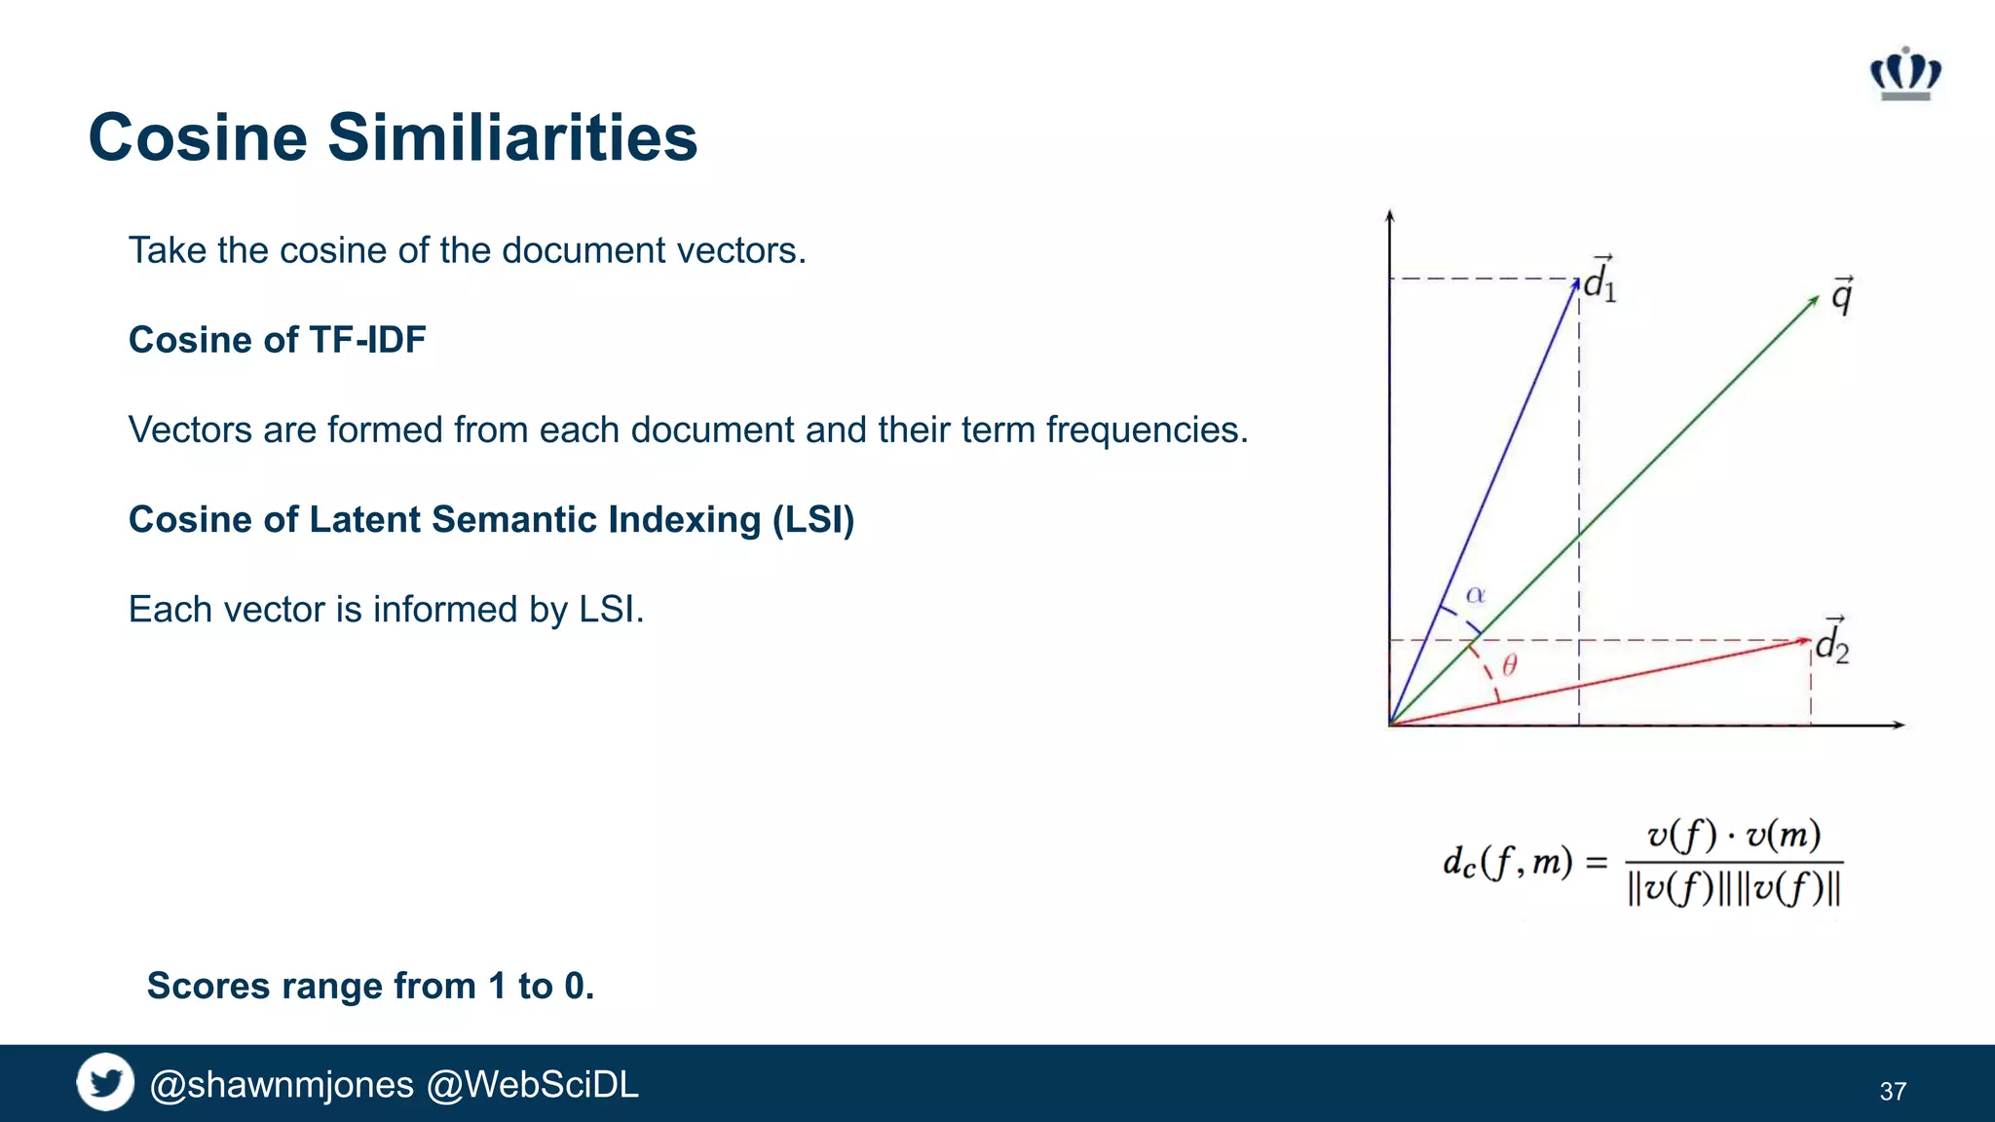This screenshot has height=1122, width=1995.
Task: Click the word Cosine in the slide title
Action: click(x=198, y=137)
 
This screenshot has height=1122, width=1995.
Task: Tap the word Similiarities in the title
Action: click(x=512, y=137)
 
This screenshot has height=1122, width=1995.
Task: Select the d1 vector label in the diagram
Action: click(x=1600, y=281)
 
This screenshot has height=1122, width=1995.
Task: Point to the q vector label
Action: click(x=1841, y=295)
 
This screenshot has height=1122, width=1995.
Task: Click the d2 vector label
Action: click(x=1831, y=643)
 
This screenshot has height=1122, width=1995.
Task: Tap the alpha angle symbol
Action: click(x=1476, y=594)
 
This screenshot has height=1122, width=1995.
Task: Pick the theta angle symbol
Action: click(x=1509, y=665)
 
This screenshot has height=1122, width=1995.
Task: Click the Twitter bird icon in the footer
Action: click(x=105, y=1082)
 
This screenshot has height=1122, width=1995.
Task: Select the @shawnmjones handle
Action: click(x=282, y=1084)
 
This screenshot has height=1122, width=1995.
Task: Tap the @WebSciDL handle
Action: click(x=533, y=1084)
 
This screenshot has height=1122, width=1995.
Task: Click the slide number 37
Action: click(x=1893, y=1091)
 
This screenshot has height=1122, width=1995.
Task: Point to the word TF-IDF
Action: click(x=367, y=340)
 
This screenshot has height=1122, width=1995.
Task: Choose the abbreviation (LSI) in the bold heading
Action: click(x=812, y=520)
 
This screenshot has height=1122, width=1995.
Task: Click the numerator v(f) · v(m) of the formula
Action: click(x=1734, y=836)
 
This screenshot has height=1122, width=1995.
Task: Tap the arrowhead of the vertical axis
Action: click(x=1390, y=215)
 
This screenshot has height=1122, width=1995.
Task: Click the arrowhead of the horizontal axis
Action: click(x=1900, y=725)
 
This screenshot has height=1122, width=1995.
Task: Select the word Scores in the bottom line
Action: click(x=208, y=986)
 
